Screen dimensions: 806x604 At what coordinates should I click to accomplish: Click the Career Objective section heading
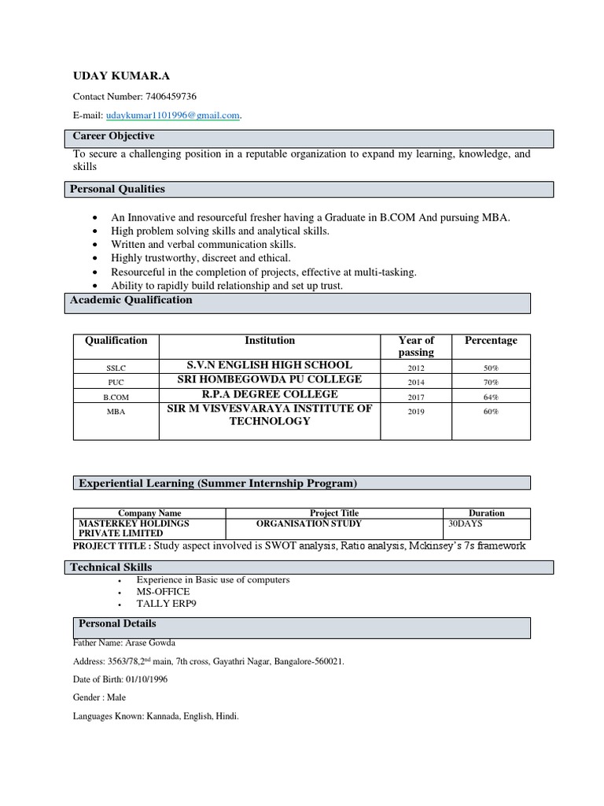coord(113,137)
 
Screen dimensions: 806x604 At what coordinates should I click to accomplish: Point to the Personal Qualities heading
coord(117,189)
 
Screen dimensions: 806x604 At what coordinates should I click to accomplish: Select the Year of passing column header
coord(416,346)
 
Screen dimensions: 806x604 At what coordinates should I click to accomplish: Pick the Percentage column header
coord(491,341)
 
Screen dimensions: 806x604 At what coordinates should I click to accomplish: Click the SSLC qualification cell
coord(116,368)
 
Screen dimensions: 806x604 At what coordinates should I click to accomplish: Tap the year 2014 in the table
coord(416,383)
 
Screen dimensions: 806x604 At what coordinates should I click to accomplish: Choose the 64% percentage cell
coord(491,397)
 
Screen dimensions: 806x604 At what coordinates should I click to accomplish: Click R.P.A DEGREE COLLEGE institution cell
coord(270,394)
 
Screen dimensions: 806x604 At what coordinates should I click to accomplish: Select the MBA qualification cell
coord(116,411)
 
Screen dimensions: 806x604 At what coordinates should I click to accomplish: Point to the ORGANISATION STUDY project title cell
coord(309,523)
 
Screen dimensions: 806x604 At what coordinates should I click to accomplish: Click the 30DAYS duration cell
coord(465,523)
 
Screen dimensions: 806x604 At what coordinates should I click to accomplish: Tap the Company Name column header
coord(149,512)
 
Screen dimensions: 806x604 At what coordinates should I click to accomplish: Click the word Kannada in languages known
coord(164,716)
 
